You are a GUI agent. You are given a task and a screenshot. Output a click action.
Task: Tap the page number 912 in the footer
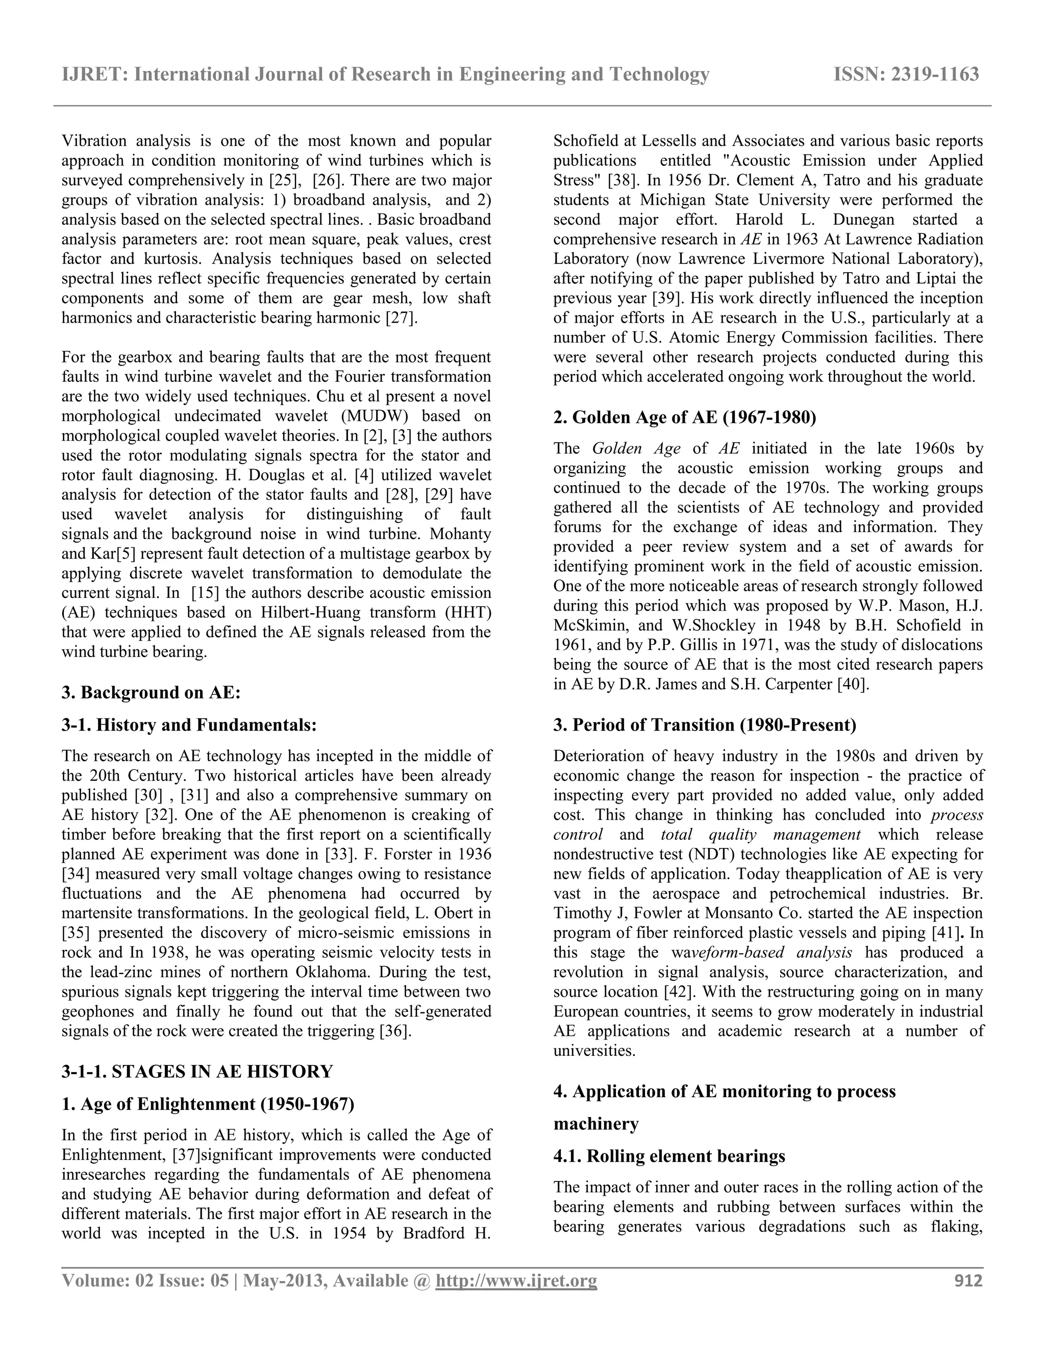click(x=968, y=1280)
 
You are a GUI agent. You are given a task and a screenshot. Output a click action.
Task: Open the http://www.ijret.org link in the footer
click(x=516, y=1280)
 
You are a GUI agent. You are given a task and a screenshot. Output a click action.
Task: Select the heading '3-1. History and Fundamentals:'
click(x=189, y=725)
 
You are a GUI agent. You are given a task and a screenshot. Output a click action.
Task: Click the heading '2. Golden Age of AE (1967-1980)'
click(x=685, y=418)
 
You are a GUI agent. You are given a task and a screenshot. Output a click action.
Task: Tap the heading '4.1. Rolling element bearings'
click(x=669, y=1156)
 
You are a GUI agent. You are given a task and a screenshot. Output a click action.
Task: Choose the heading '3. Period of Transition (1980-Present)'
click(x=705, y=725)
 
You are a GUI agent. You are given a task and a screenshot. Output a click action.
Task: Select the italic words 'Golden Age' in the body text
click(x=636, y=448)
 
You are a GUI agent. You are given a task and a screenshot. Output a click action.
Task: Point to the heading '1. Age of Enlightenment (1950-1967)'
click(x=208, y=1104)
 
